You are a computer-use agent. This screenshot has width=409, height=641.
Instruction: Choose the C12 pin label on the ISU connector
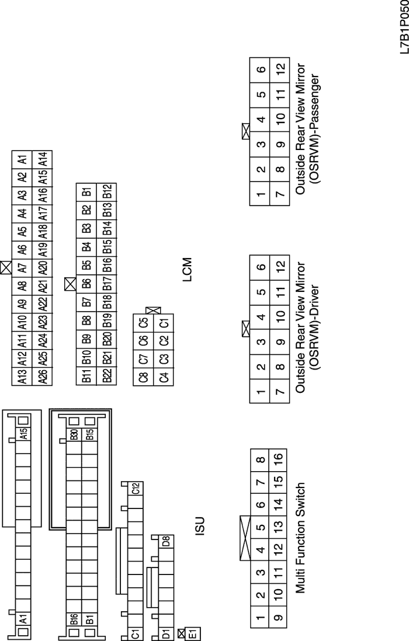coord(136,489)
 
